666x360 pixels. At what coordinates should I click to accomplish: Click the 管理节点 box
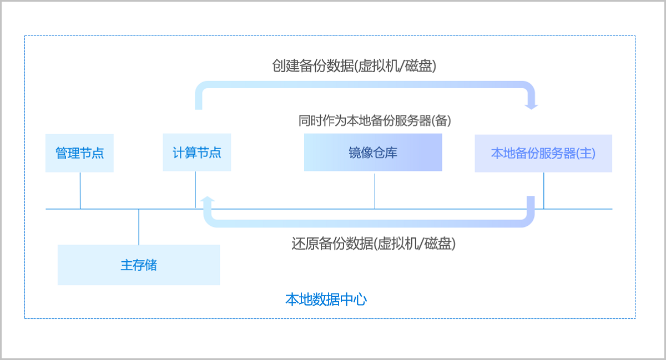[x=79, y=153]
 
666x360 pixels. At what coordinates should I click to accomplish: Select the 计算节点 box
[x=196, y=153]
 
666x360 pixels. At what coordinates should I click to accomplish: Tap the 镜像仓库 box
[x=373, y=153]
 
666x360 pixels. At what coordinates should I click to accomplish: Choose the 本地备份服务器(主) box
[x=543, y=153]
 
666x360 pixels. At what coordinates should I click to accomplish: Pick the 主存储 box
[x=139, y=265]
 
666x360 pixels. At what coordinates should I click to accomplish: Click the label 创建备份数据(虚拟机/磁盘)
[x=354, y=66]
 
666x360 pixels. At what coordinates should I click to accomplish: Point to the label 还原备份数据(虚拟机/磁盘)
[x=374, y=244]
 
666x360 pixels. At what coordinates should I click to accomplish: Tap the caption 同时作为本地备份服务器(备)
[x=375, y=120]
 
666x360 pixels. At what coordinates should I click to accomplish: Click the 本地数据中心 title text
[x=326, y=300]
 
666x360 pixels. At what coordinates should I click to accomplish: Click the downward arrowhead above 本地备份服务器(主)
[x=532, y=105]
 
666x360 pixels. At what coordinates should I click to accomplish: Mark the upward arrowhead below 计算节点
[x=208, y=200]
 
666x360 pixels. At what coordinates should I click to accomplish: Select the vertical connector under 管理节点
[x=80, y=190]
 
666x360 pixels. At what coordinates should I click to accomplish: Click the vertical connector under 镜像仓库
[x=375, y=190]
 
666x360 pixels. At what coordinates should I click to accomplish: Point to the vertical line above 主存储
[x=139, y=227]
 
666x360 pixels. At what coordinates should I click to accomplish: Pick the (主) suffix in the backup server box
[x=586, y=153]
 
